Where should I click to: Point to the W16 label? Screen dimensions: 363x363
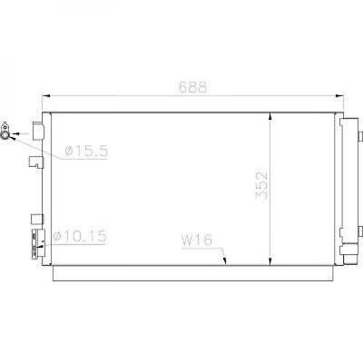196,240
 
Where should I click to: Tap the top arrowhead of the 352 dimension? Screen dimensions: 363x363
271,115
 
